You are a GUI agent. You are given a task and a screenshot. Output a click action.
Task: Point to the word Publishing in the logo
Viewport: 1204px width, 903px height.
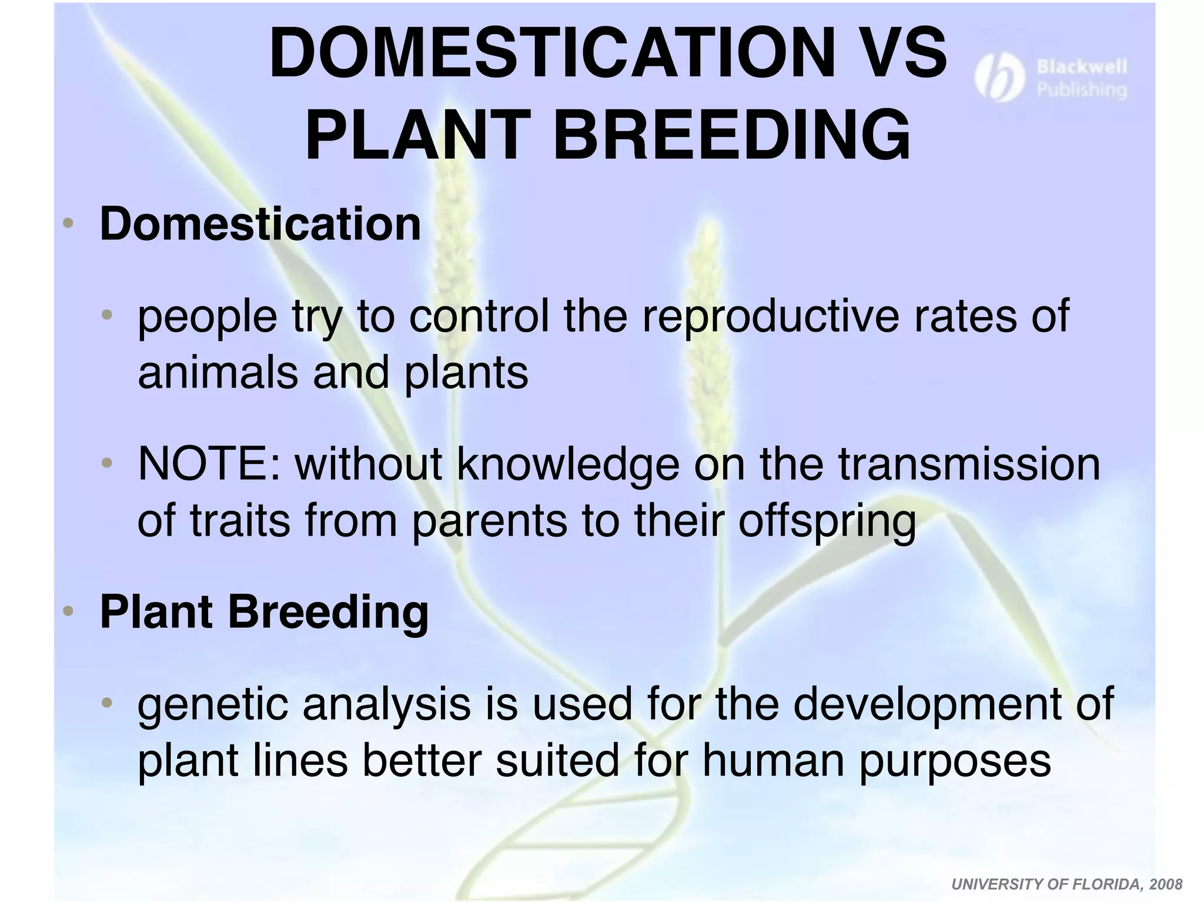point(1081,90)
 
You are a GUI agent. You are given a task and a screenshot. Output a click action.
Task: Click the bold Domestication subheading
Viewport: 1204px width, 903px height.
point(260,224)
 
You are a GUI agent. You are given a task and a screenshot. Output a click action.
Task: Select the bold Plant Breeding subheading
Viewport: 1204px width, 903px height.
point(264,612)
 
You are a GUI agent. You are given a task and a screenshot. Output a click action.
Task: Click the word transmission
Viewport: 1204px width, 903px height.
point(969,464)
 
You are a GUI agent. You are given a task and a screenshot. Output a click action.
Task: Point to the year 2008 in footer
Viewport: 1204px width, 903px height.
point(1166,884)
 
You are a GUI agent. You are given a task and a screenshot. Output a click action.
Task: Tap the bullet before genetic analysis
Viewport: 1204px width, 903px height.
point(106,703)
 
